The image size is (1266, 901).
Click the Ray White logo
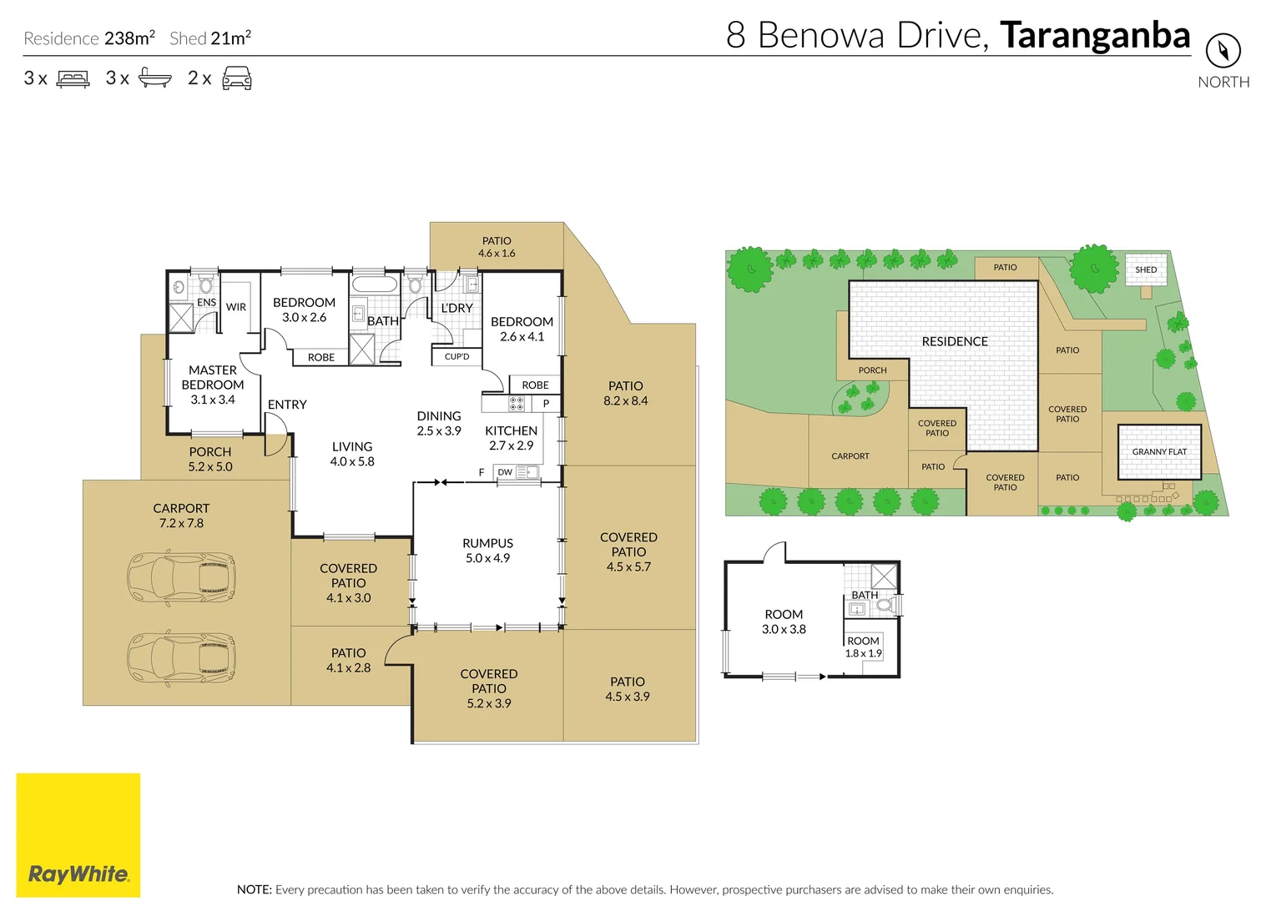(78, 835)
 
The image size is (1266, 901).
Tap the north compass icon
(1223, 51)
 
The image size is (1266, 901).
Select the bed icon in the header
(73, 78)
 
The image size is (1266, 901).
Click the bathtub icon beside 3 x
(155, 78)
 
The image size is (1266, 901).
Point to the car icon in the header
(237, 78)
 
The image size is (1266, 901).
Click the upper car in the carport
(181, 578)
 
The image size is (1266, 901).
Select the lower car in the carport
(181, 658)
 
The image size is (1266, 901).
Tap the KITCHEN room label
(511, 430)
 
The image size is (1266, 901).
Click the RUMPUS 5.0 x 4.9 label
(487, 551)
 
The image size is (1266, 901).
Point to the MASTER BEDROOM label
(213, 377)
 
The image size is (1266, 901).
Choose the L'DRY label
(456, 308)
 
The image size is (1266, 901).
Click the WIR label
(236, 307)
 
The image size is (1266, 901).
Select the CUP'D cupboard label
(456, 356)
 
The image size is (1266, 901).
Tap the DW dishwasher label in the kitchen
(505, 472)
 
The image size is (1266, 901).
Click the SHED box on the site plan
(1146, 269)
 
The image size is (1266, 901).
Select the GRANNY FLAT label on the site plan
(1159, 451)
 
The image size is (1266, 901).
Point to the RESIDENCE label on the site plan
(955, 341)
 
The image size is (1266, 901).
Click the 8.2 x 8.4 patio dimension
(625, 400)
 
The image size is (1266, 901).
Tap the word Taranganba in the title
(1095, 35)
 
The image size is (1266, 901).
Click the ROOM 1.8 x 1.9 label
(863, 647)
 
